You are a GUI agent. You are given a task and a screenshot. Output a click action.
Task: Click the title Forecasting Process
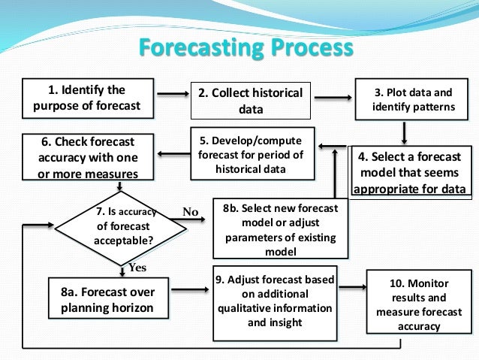[x=246, y=49]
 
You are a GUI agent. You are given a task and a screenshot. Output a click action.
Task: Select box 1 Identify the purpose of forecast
[x=87, y=98]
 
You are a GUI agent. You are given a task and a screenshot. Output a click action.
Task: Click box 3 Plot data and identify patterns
[x=413, y=100]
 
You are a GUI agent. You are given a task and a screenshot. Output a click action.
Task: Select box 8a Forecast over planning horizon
[x=107, y=300]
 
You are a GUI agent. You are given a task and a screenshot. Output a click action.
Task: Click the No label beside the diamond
[x=190, y=212]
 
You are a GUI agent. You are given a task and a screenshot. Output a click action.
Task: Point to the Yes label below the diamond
[x=137, y=268]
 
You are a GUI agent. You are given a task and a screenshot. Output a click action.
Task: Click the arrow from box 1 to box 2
[x=172, y=94]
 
